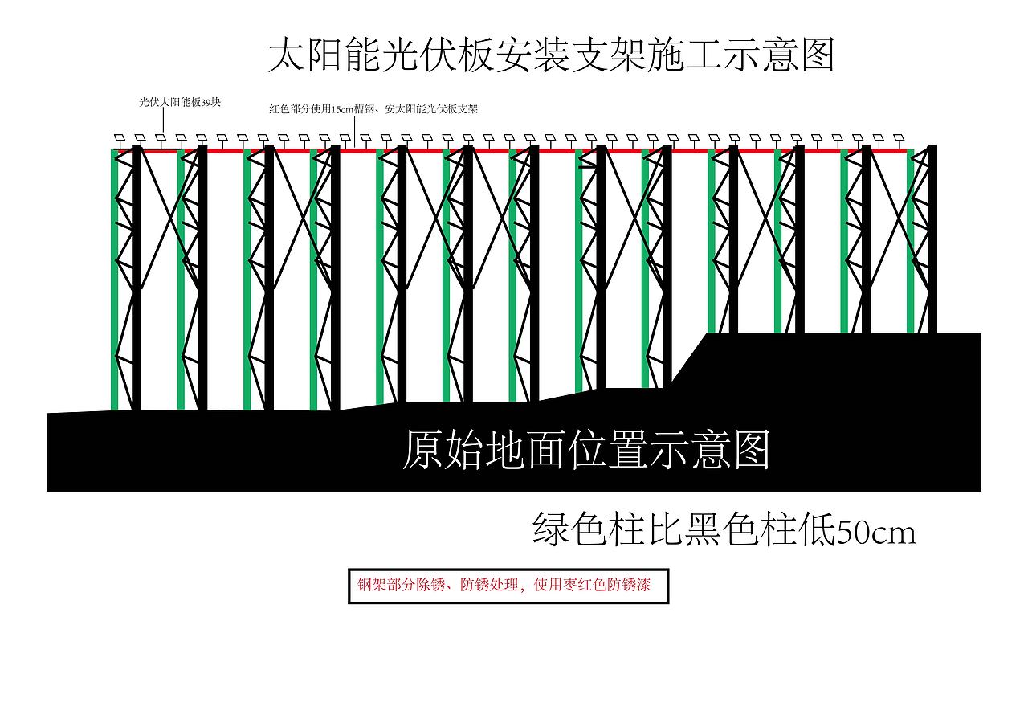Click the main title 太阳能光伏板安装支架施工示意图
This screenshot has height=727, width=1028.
click(551, 55)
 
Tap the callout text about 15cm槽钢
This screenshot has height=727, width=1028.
click(373, 109)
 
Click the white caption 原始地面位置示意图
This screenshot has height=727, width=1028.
click(585, 451)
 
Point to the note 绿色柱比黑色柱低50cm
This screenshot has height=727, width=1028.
click(724, 530)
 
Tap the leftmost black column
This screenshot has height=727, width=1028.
click(137, 277)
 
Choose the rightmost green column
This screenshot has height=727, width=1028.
click(911, 241)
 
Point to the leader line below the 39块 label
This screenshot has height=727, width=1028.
click(165, 120)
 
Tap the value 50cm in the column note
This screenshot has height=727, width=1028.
click(876, 532)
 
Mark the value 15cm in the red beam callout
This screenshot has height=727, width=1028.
click(344, 109)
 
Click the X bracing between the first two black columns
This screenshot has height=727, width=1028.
click(169, 217)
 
